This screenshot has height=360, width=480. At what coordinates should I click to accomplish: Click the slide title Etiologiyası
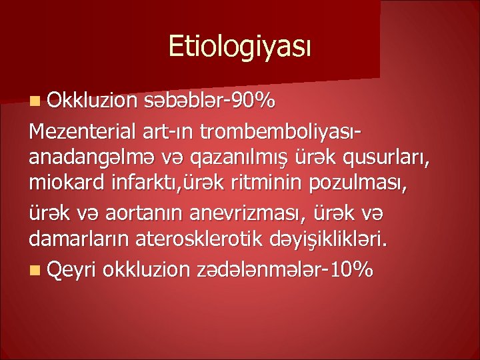click(x=239, y=47)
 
